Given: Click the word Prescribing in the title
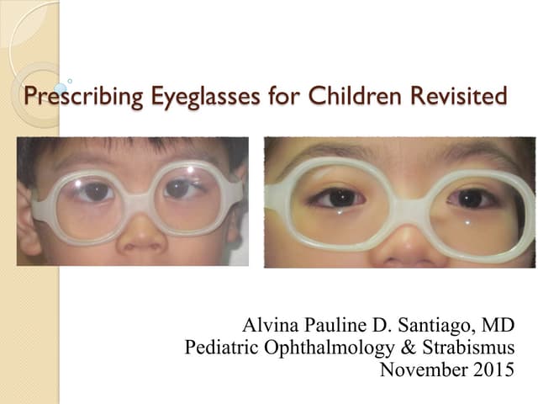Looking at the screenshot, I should tap(69, 96).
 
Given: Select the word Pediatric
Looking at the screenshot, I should tap(219, 347).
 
